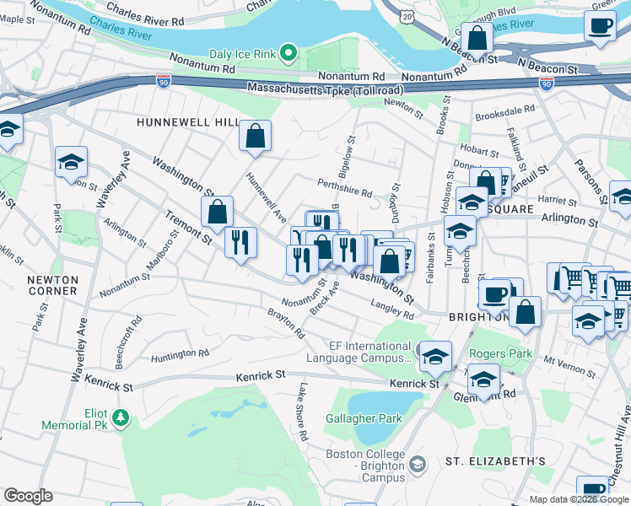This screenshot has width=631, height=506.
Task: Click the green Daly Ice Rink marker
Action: coord(289,55)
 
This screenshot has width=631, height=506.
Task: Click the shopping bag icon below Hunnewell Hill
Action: coord(255,136)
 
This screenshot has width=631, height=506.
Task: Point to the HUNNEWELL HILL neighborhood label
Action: coord(188,122)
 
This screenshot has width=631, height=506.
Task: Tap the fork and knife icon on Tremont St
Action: coord(241,243)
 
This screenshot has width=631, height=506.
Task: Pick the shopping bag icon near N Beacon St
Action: coord(477,38)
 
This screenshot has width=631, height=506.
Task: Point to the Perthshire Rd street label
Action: coord(344,187)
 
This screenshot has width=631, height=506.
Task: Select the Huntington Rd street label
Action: coord(179,355)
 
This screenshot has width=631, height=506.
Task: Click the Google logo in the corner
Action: coord(28,495)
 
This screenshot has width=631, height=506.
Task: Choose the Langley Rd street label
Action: coord(393,310)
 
